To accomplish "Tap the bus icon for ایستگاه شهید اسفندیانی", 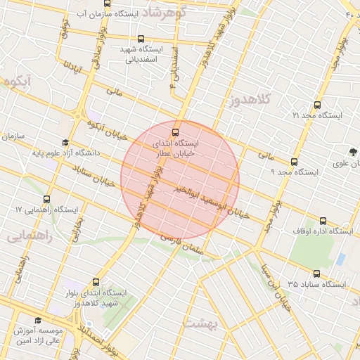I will [142, 39].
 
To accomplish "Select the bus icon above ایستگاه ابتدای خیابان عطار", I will [175, 131].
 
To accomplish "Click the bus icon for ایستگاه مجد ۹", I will [294, 162].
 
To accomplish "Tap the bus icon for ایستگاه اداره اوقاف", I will [323, 220].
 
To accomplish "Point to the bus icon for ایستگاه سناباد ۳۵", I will [316, 274].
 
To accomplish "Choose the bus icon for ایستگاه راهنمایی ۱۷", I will [47, 200].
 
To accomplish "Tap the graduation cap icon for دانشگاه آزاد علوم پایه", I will [65, 142].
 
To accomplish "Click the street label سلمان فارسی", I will [181, 243].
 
